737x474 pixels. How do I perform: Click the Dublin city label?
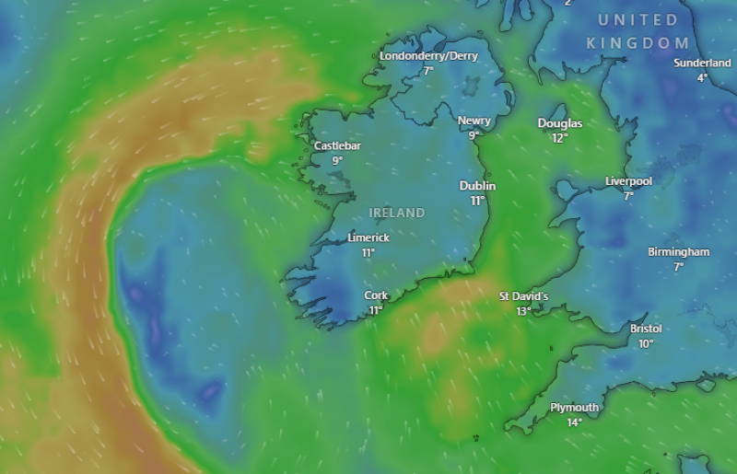pos(477,186)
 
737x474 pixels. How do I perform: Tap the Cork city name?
pos(376,295)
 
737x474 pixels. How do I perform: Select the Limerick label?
pos(368,237)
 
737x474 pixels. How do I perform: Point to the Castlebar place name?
pos(337,145)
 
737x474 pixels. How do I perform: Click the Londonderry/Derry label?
pos(428,56)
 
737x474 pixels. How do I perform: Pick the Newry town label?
pos(474,121)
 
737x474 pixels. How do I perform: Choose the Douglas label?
pos(560,123)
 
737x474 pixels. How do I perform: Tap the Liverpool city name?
pos(628,181)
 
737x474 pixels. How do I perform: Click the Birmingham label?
pos(678,252)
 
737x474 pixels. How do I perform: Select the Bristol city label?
pos(646,329)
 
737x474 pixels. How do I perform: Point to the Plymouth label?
pos(574,408)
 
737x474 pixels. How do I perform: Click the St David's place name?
pos(523,296)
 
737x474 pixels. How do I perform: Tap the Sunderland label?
pos(702,63)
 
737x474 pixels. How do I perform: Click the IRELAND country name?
pos(397,213)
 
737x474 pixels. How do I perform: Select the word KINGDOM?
pos(638,43)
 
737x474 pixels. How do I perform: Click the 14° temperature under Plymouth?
pos(574,422)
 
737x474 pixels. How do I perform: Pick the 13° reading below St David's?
pos(523,311)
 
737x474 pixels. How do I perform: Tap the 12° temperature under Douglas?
pos(560,138)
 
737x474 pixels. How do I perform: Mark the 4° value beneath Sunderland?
pos(702,77)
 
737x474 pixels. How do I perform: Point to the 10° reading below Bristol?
pos(646,343)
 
